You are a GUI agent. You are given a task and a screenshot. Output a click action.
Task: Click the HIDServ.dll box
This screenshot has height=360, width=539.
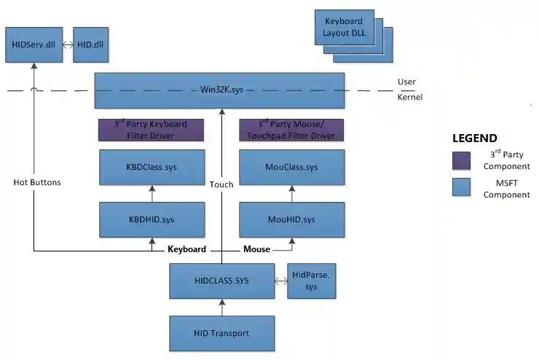click(x=34, y=44)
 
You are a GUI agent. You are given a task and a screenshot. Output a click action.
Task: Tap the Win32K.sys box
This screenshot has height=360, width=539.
click(x=220, y=90)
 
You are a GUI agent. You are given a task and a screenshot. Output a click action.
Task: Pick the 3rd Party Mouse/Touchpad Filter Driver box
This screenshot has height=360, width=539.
click(x=291, y=130)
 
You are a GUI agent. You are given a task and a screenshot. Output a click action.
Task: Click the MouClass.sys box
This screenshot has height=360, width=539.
click(x=291, y=168)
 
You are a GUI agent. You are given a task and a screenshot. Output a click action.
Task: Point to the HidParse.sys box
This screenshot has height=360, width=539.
click(x=312, y=281)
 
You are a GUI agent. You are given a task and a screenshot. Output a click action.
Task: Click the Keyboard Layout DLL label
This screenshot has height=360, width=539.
click(x=344, y=28)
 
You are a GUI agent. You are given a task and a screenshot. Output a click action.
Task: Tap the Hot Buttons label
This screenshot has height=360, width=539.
click(x=37, y=182)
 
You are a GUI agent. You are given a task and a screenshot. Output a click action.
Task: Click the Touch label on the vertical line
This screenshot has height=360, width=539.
click(x=221, y=184)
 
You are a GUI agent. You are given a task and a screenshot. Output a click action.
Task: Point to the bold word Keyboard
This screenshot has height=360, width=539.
click(x=186, y=249)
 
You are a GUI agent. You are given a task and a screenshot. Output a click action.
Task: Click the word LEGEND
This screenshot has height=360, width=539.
click(x=474, y=138)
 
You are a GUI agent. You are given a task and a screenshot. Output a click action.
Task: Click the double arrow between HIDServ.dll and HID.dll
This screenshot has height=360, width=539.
click(x=67, y=45)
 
